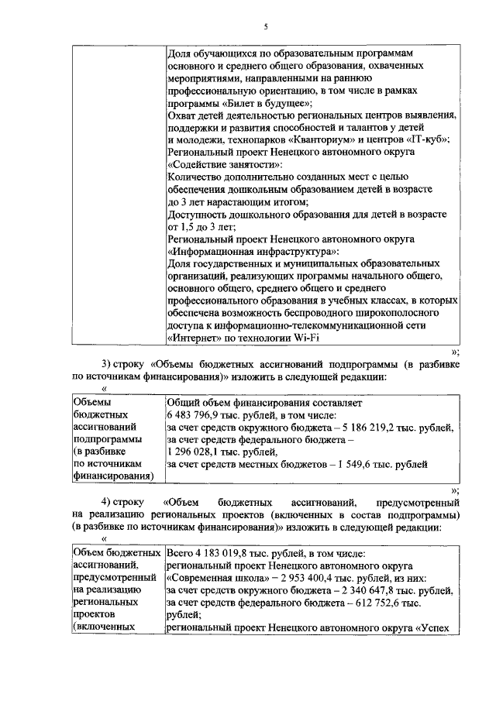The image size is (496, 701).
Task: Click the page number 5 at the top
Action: point(265,26)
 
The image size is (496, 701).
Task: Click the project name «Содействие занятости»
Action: point(225,165)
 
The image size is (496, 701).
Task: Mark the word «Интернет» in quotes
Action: point(195,338)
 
